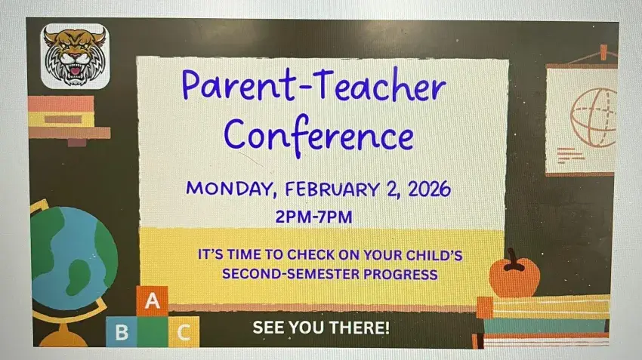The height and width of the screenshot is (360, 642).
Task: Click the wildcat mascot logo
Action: pyautogui.click(x=75, y=56)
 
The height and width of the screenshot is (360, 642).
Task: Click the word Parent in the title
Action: pyautogui.click(x=238, y=85)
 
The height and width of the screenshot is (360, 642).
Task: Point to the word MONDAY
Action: pyautogui.click(x=230, y=189)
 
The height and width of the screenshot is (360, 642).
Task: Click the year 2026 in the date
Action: pyautogui.click(x=429, y=189)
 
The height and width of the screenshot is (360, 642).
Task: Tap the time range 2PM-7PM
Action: pyautogui.click(x=313, y=217)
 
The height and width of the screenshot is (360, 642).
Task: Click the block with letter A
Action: pyautogui.click(x=152, y=300)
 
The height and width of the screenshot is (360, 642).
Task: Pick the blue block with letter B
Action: pyautogui.click(x=122, y=332)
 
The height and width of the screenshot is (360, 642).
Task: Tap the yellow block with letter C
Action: pyautogui.click(x=184, y=332)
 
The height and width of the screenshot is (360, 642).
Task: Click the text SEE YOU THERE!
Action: pyautogui.click(x=321, y=328)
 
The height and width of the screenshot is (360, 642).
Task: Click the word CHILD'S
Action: pyautogui.click(x=434, y=255)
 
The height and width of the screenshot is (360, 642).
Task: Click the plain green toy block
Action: pyautogui.click(x=153, y=332)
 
